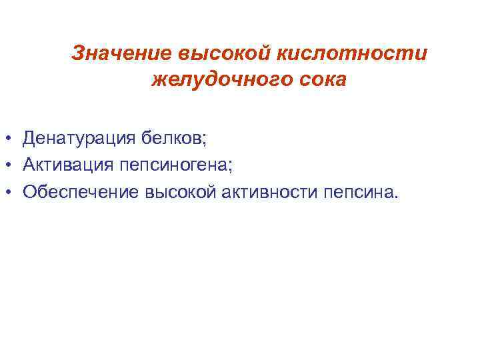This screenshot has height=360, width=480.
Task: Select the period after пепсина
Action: tap(396, 197)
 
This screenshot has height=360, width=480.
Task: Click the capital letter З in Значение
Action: tap(78, 53)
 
